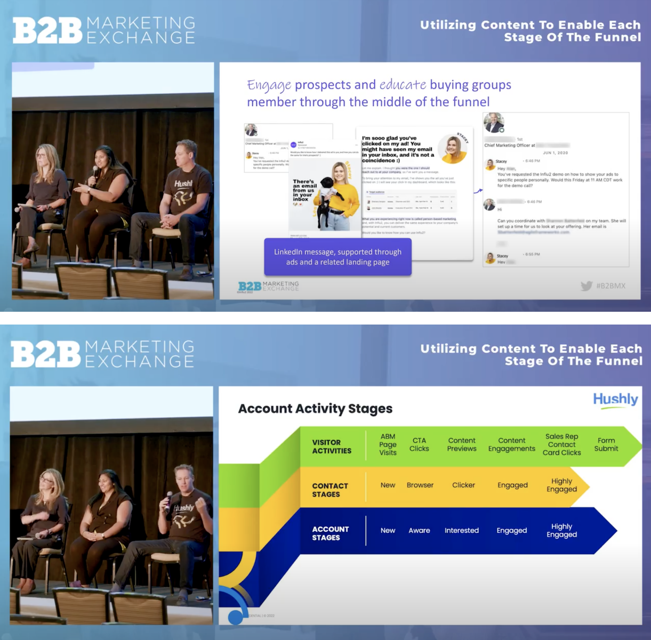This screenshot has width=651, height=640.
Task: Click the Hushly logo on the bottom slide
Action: (615, 400)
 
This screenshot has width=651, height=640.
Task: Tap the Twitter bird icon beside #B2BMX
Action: (586, 286)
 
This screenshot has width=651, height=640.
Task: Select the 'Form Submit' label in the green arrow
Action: (606, 444)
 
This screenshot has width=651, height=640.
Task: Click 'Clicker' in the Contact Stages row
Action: (463, 485)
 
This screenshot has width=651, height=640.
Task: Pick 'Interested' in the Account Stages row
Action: (462, 530)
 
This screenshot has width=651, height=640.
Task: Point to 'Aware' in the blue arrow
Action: (419, 530)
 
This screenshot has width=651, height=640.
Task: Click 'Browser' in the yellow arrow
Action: (420, 485)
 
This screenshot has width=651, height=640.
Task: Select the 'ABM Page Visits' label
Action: (388, 444)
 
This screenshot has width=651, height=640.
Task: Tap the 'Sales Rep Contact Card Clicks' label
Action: (561, 444)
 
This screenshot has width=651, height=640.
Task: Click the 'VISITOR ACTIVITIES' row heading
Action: (332, 447)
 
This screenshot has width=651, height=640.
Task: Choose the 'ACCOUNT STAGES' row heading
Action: (330, 533)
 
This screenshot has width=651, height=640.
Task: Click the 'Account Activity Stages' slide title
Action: (315, 409)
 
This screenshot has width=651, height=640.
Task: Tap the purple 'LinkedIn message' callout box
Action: (337, 257)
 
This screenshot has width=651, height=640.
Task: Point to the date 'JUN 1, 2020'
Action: (555, 153)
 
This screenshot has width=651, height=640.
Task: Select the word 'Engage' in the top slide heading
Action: (269, 85)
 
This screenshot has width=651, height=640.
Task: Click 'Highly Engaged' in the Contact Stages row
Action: (561, 485)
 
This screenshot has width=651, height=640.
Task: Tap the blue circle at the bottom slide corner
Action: (235, 617)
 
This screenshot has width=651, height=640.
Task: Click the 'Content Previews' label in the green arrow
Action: (462, 444)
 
